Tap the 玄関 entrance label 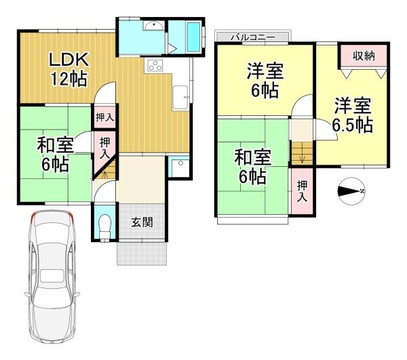pyautogui.click(x=141, y=222)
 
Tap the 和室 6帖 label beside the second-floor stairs pyautogui.click(x=253, y=167)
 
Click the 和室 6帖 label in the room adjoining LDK pyautogui.click(x=54, y=154)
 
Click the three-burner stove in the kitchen pyautogui.click(x=155, y=66)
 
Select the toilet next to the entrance pyautogui.click(x=104, y=224)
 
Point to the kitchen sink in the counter pyautogui.click(x=182, y=98)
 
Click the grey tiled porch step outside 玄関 pyautogui.click(x=141, y=253)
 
